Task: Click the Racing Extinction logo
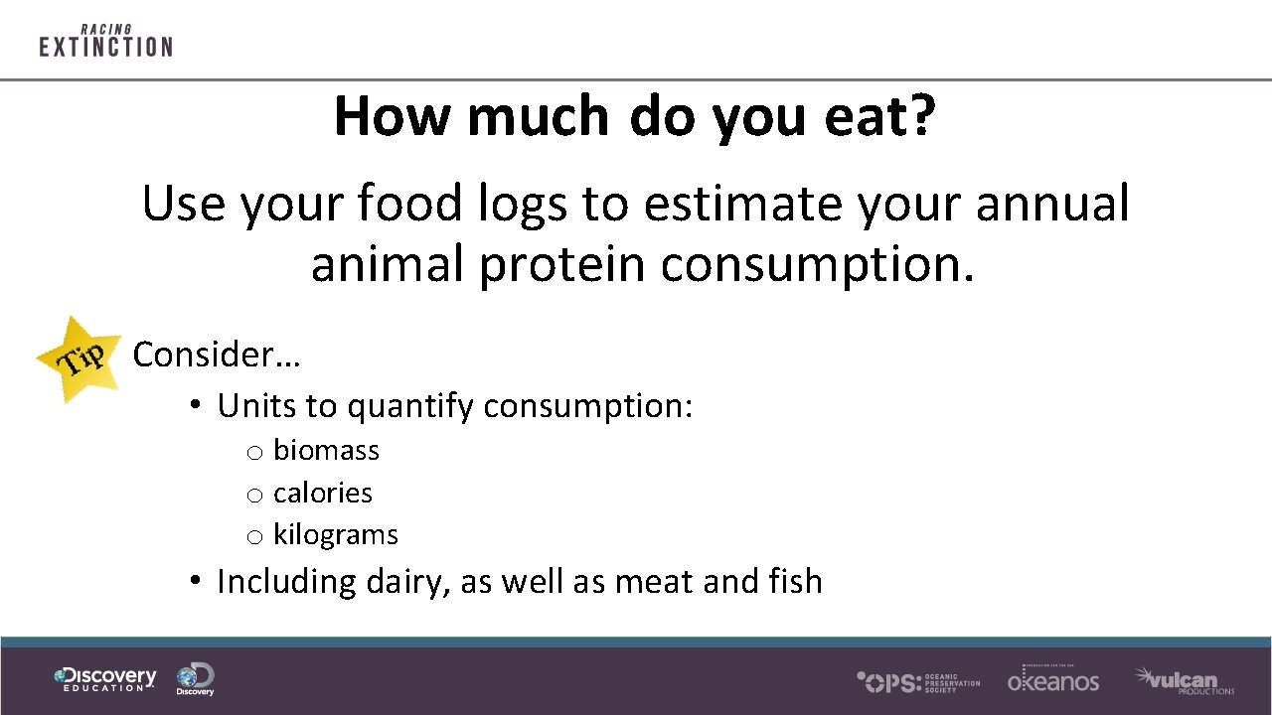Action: [x=105, y=41]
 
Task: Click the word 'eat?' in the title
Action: [x=879, y=116]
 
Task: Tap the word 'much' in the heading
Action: [x=538, y=116]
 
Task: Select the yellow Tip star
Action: [x=80, y=358]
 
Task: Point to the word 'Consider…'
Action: [x=217, y=355]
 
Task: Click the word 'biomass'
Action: [x=326, y=451]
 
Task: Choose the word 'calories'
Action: [x=323, y=493]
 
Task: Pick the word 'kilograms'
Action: [x=336, y=534]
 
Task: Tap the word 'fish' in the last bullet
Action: [x=795, y=581]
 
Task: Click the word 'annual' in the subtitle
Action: [x=1052, y=204]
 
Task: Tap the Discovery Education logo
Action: [x=105, y=679]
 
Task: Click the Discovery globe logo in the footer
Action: [x=195, y=679]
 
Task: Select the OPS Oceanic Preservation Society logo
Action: [x=918, y=681]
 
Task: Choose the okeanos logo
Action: [x=1053, y=679]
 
